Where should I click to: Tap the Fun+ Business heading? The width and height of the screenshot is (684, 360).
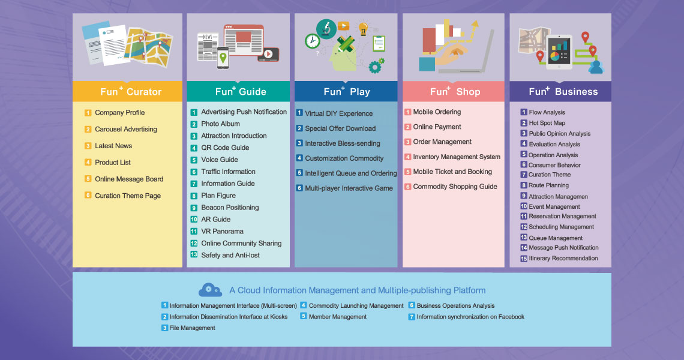(x=563, y=91)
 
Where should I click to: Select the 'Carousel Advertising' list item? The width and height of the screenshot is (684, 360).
(x=125, y=129)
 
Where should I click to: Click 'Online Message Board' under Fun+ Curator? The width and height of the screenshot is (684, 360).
(x=129, y=179)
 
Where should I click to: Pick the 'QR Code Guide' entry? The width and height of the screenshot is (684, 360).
(x=225, y=148)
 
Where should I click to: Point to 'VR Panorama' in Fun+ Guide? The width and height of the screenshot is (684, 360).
(x=222, y=231)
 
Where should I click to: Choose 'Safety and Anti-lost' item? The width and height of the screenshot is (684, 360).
(x=230, y=255)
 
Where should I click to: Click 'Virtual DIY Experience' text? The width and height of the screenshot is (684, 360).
(x=339, y=113)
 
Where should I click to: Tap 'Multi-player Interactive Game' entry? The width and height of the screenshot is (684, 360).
(x=349, y=188)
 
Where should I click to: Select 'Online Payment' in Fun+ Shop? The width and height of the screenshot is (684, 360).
(x=437, y=127)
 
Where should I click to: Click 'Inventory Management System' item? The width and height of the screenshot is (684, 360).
(x=457, y=157)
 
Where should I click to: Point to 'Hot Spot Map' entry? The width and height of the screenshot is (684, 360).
(x=547, y=123)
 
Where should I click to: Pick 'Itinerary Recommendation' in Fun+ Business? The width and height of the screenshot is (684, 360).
(x=563, y=259)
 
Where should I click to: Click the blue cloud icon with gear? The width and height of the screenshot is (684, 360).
(x=210, y=290)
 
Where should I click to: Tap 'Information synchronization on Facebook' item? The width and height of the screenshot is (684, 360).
(x=470, y=317)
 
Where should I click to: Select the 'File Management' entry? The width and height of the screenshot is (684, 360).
(x=193, y=328)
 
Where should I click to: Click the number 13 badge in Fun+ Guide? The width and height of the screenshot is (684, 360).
(x=194, y=254)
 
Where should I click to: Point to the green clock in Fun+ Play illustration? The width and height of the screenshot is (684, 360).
(x=313, y=41)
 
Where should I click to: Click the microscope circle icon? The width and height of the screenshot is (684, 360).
(x=326, y=29)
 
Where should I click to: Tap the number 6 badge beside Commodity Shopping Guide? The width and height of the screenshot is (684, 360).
(x=408, y=187)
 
